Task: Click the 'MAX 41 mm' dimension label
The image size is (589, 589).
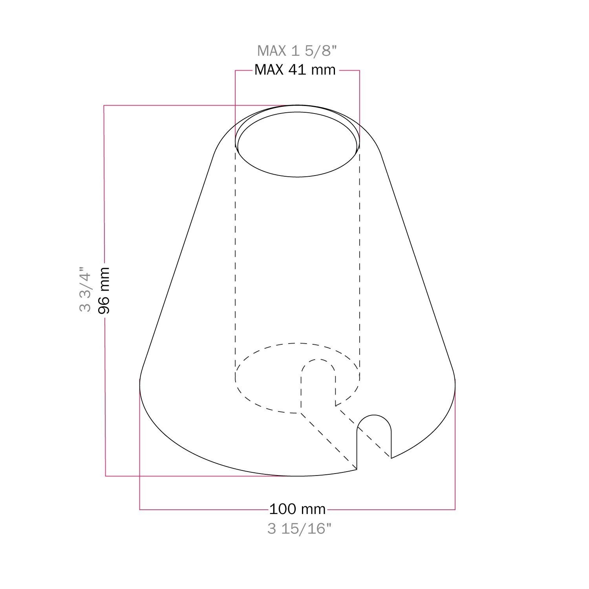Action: (295, 70)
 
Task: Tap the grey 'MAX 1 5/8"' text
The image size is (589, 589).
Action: (297, 51)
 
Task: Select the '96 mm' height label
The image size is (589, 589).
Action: (104, 290)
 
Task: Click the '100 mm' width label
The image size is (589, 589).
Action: (297, 509)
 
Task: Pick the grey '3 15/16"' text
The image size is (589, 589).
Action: (300, 529)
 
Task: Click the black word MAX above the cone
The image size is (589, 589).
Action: (269, 70)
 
